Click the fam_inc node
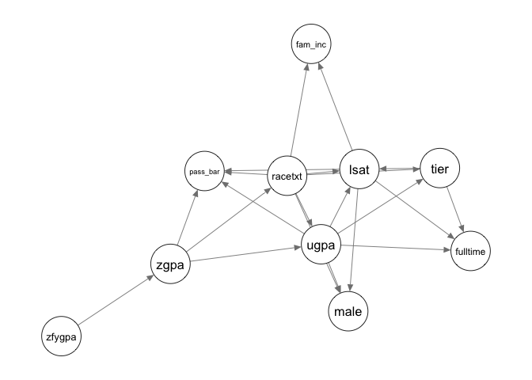(x=310, y=45)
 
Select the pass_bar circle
(x=204, y=171)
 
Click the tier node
(x=439, y=168)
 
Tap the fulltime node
(x=470, y=252)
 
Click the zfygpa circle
(x=62, y=336)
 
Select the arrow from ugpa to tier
(x=380, y=208)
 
